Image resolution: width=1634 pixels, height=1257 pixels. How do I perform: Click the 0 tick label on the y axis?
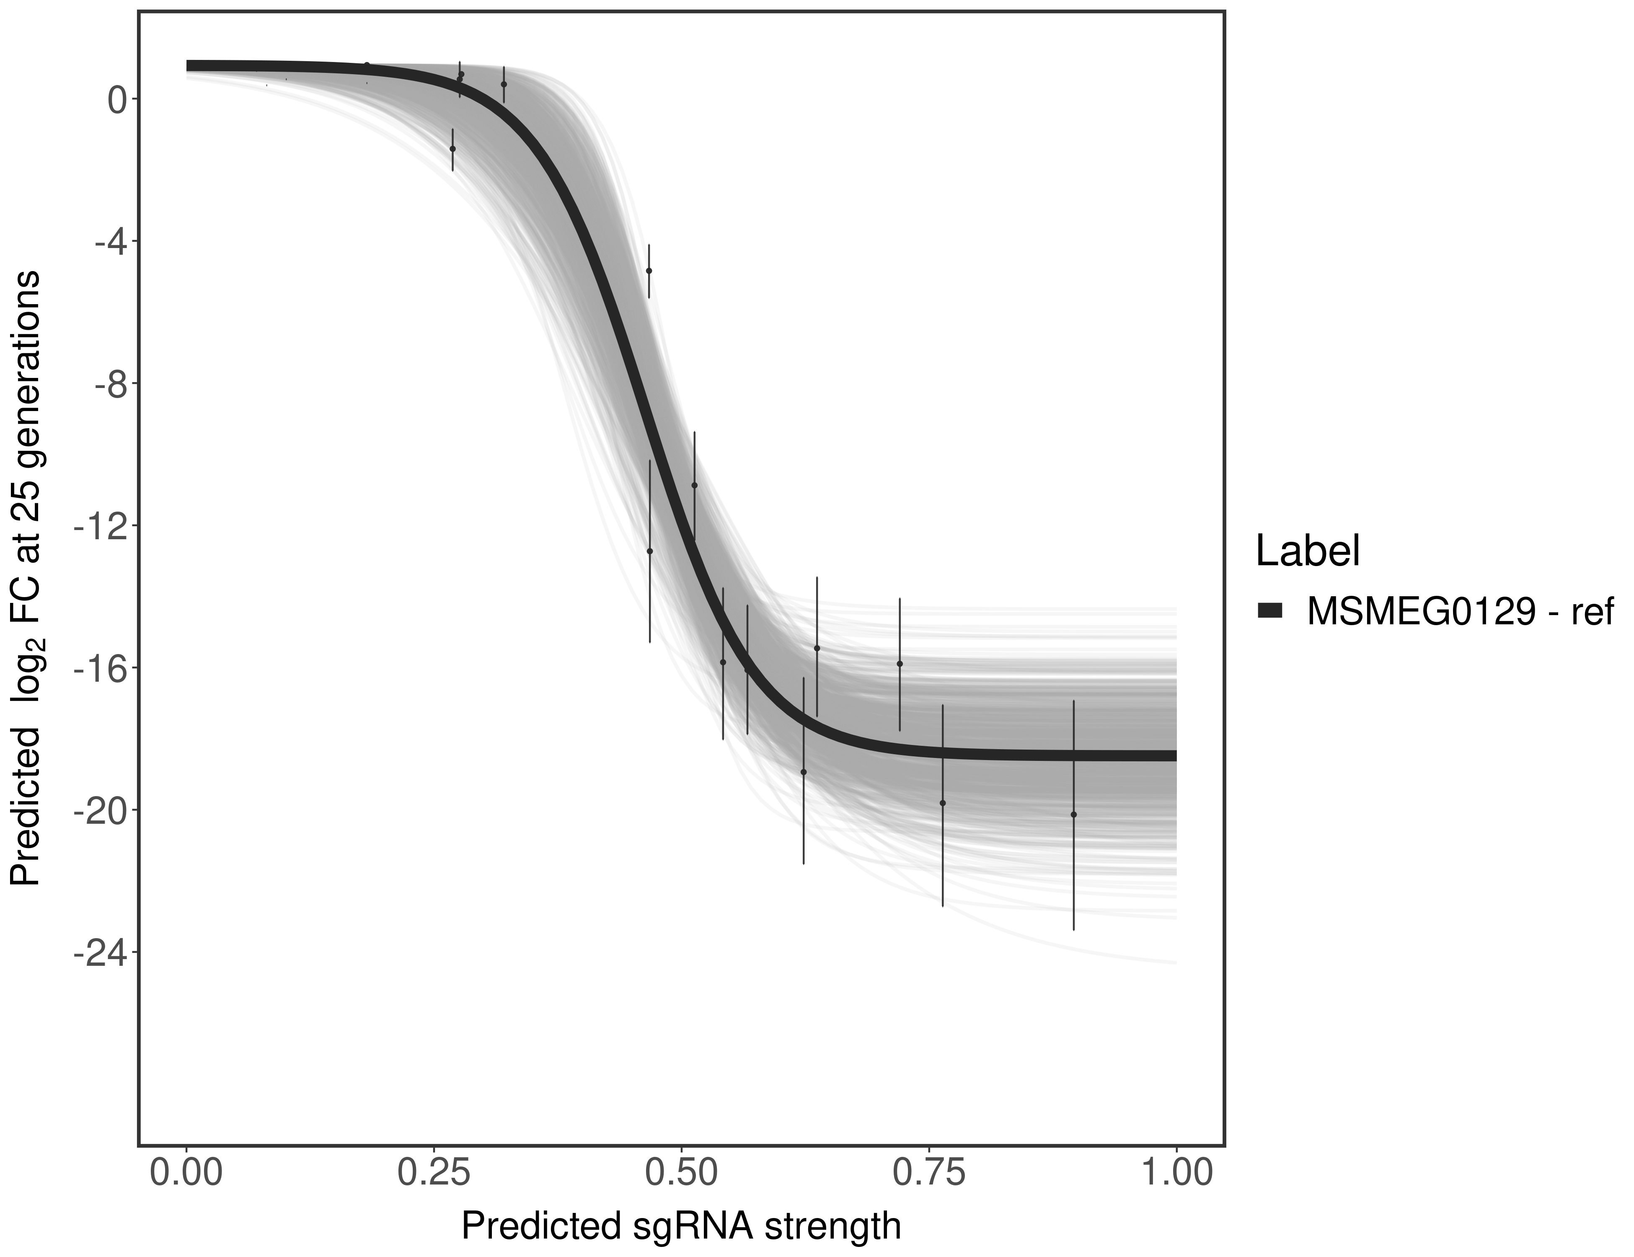click(117, 100)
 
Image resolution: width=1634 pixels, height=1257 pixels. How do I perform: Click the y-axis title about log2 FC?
click(26, 578)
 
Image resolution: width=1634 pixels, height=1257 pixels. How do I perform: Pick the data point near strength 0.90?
click(1073, 814)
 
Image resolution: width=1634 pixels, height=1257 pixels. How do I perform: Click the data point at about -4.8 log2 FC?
click(649, 271)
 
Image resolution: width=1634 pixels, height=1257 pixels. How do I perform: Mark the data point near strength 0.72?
click(899, 664)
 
